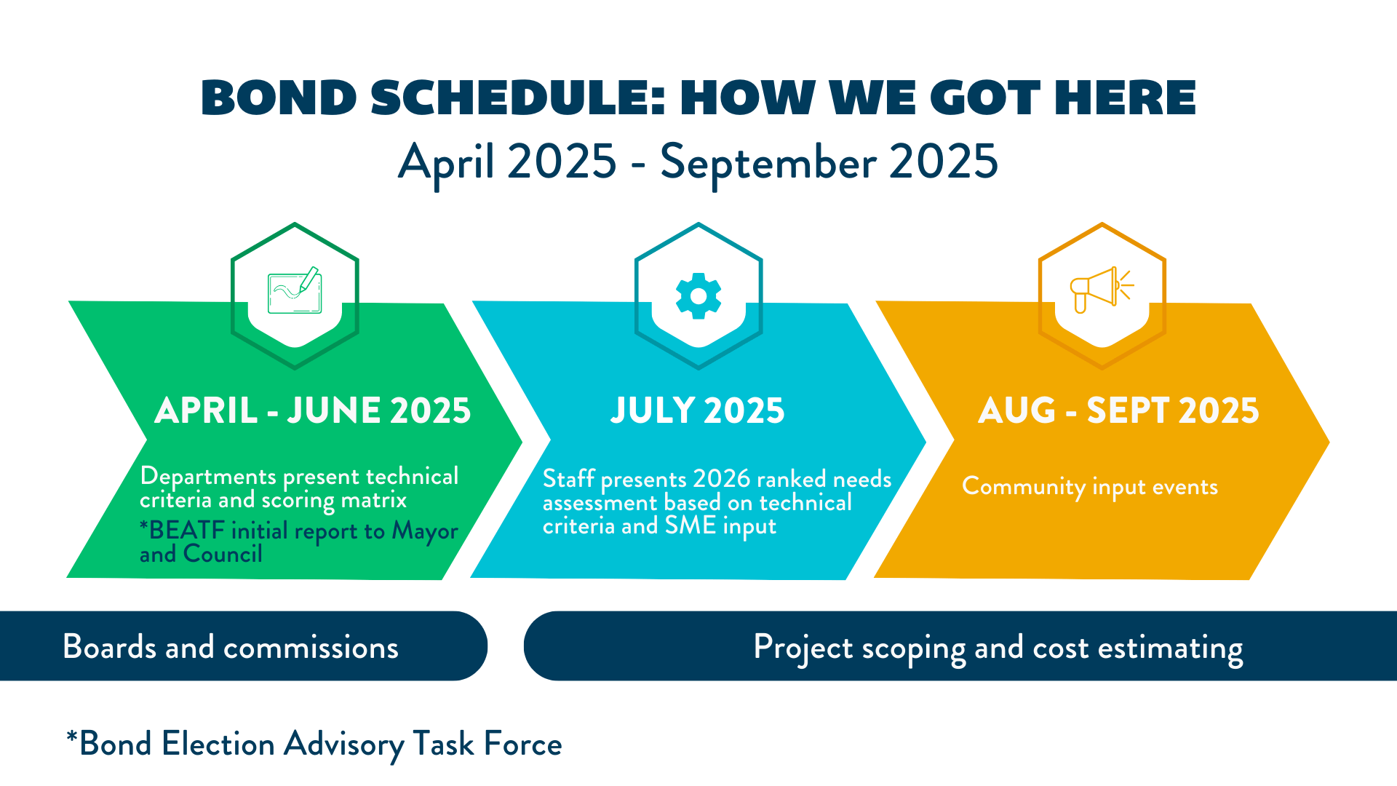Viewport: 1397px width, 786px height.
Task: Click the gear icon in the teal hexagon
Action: coord(698,296)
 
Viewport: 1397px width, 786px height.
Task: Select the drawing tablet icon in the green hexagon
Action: coord(295,290)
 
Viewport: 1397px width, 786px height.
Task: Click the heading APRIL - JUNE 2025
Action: coord(313,410)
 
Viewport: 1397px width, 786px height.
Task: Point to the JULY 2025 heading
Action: coord(698,410)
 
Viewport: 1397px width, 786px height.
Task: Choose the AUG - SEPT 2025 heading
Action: coord(1118,410)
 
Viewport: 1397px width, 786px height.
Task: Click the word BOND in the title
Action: coord(279,98)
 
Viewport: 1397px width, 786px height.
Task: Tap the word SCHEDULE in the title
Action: coord(517,98)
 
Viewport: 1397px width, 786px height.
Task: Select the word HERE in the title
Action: coord(1125,98)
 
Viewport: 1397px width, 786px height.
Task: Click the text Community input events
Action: coord(1090,487)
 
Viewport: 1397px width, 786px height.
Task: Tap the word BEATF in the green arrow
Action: coord(186,531)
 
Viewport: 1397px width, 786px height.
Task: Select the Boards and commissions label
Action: coord(231,647)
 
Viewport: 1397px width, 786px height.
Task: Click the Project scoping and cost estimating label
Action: coord(998,648)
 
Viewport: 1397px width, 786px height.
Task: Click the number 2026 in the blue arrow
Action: coord(721,479)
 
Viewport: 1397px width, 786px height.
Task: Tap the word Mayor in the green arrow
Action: coord(425,532)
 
